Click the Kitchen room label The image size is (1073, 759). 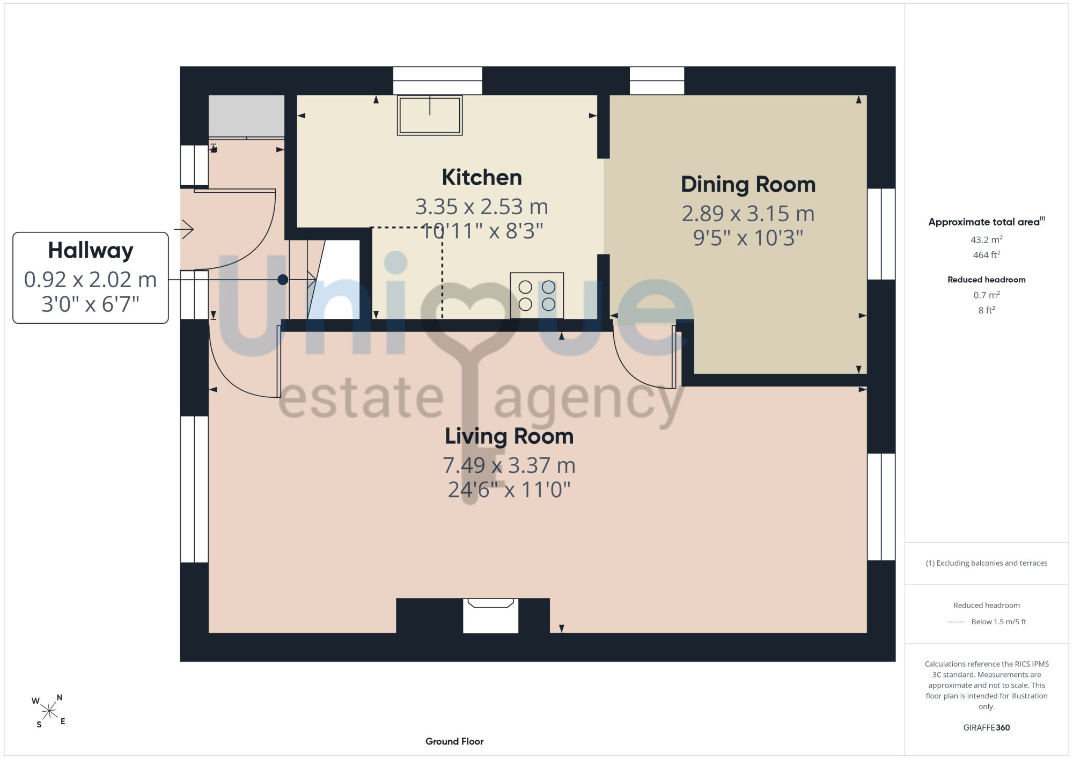coord(482,178)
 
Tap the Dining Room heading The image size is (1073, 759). coord(748,184)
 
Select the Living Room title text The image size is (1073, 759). coord(509,436)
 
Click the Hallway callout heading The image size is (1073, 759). coord(91,251)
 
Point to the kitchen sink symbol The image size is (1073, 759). coord(430,115)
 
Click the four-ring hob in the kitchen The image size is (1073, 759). coord(537,296)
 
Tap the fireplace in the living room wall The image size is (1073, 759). coord(490,616)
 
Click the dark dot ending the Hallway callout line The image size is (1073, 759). coord(283,280)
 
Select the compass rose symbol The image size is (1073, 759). coord(49,712)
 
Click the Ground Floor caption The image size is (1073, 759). coord(454,741)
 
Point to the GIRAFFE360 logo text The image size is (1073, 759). coord(987,728)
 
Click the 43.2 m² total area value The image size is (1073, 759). coord(987,239)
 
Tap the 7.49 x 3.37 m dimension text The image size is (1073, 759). coord(509,465)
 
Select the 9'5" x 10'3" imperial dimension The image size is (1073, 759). coord(748,238)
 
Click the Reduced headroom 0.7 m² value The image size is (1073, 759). coord(987,295)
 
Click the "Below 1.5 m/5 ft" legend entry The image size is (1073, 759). coord(998,622)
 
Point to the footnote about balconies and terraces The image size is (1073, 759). coord(987,563)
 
